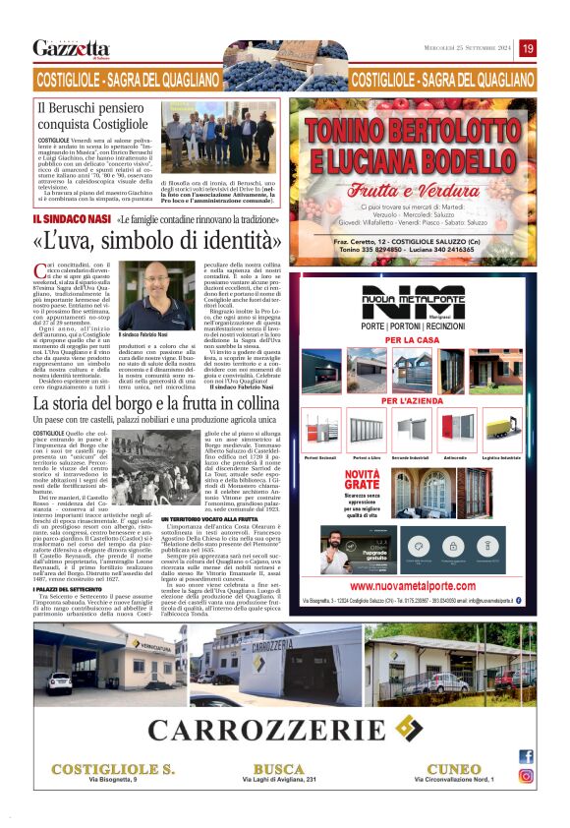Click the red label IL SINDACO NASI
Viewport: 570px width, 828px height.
pyautogui.click(x=70, y=220)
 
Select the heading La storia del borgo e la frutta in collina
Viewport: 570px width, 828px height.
pyautogui.click(x=156, y=403)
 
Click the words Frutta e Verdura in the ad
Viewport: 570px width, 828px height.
pyautogui.click(x=425, y=192)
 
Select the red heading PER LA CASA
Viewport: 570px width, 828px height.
pyautogui.click(x=406, y=339)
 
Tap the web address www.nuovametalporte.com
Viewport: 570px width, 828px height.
pyautogui.click(x=425, y=586)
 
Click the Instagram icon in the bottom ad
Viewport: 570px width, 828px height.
pyautogui.click(x=527, y=776)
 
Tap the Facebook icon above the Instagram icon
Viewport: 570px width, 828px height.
pyautogui.click(x=527, y=756)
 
